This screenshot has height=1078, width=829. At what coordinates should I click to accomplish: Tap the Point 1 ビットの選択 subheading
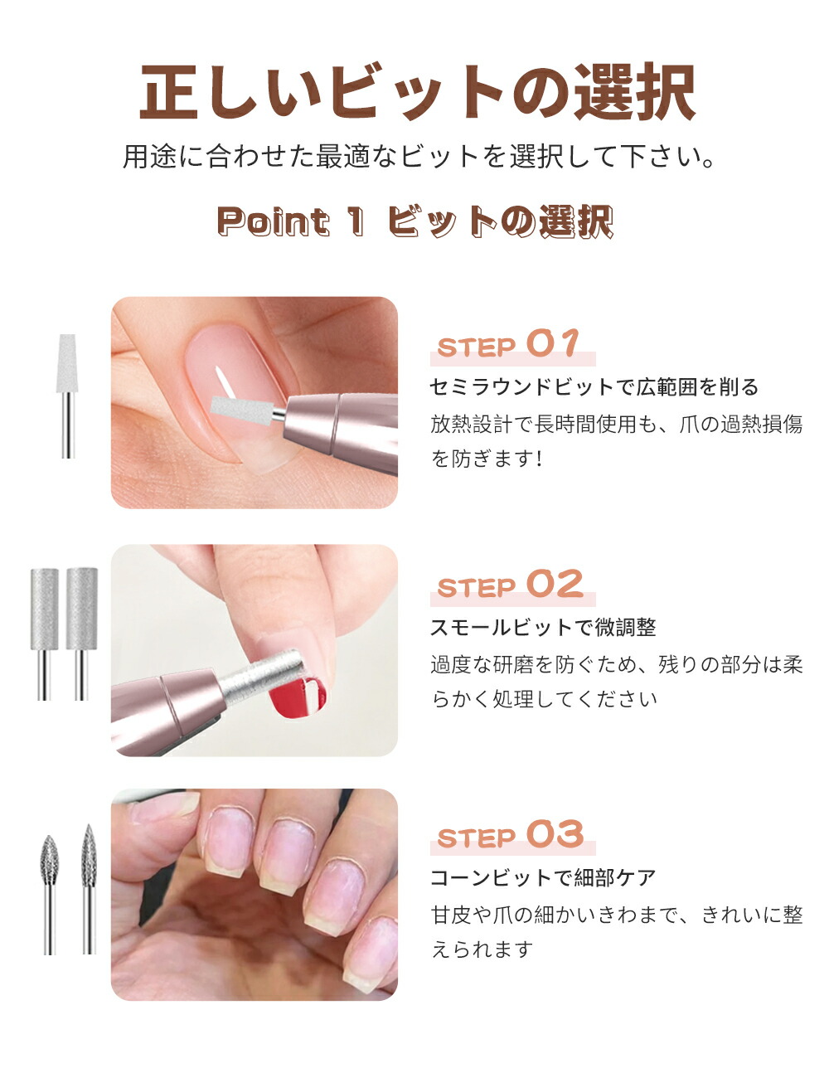pos(414,222)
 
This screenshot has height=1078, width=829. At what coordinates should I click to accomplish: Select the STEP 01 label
pos(508,345)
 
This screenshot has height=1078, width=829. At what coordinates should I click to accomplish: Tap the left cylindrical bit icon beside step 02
pos(45,632)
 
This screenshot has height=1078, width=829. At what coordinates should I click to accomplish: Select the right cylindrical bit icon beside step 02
pos(81,632)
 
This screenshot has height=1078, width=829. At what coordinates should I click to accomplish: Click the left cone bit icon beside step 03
pos(50,891)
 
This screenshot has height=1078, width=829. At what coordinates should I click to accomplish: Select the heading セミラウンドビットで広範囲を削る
pos(594,387)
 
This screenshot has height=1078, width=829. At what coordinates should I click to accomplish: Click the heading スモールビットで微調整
pos(543,628)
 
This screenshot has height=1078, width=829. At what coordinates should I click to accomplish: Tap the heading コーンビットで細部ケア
pos(543,877)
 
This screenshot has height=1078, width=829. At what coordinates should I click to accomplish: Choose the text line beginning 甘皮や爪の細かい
pos(617,915)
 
